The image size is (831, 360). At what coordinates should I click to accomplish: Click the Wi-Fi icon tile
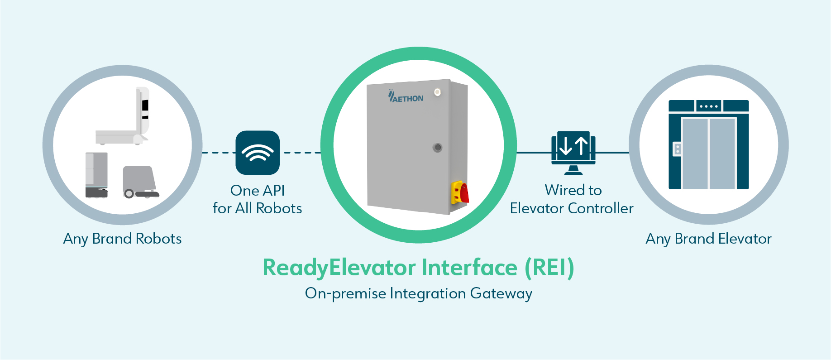pos(258,153)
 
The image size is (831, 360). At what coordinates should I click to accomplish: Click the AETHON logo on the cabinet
pos(406,97)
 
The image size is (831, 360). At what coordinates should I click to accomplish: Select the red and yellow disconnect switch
pos(460,192)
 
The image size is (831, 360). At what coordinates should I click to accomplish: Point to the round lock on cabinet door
pos(437,148)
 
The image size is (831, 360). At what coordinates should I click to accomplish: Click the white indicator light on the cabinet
pos(437,92)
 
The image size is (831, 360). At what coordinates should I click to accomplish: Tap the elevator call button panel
pos(677,149)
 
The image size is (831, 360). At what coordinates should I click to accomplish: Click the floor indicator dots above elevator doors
pos(708,106)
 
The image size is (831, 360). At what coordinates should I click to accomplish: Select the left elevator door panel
pos(695,154)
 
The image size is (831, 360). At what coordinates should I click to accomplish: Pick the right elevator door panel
pos(722,154)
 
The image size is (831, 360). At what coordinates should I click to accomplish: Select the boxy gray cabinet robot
pos(96,175)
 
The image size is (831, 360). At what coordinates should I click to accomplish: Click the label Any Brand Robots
pos(122,239)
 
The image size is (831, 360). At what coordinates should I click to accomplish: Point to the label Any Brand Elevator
pos(708,239)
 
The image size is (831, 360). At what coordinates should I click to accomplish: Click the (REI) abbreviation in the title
pos(549,267)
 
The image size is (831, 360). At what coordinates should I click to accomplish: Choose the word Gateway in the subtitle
pos(501,293)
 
